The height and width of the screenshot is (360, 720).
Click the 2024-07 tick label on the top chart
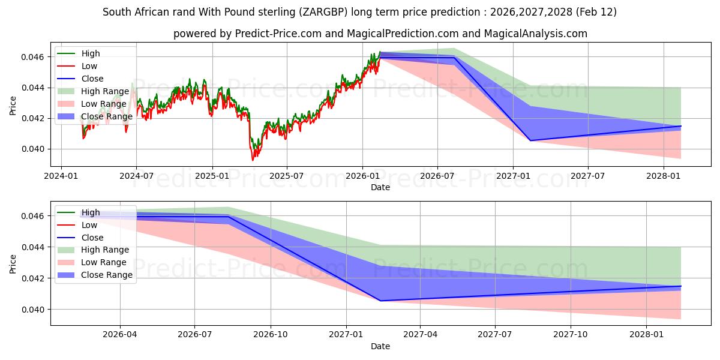click(x=136, y=175)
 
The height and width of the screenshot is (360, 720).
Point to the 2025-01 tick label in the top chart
click(x=212, y=175)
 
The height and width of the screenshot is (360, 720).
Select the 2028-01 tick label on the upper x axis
click(x=663, y=175)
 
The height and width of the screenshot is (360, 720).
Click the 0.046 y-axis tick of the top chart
click(x=34, y=57)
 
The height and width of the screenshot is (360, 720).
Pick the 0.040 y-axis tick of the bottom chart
click(x=34, y=310)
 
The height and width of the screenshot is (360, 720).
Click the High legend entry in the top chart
click(x=91, y=53)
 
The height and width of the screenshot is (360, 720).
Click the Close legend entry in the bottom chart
click(x=92, y=238)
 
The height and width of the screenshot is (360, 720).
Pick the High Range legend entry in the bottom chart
click(x=104, y=250)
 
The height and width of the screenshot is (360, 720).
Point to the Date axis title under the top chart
click(x=380, y=187)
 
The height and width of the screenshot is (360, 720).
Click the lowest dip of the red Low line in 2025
click(x=253, y=160)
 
